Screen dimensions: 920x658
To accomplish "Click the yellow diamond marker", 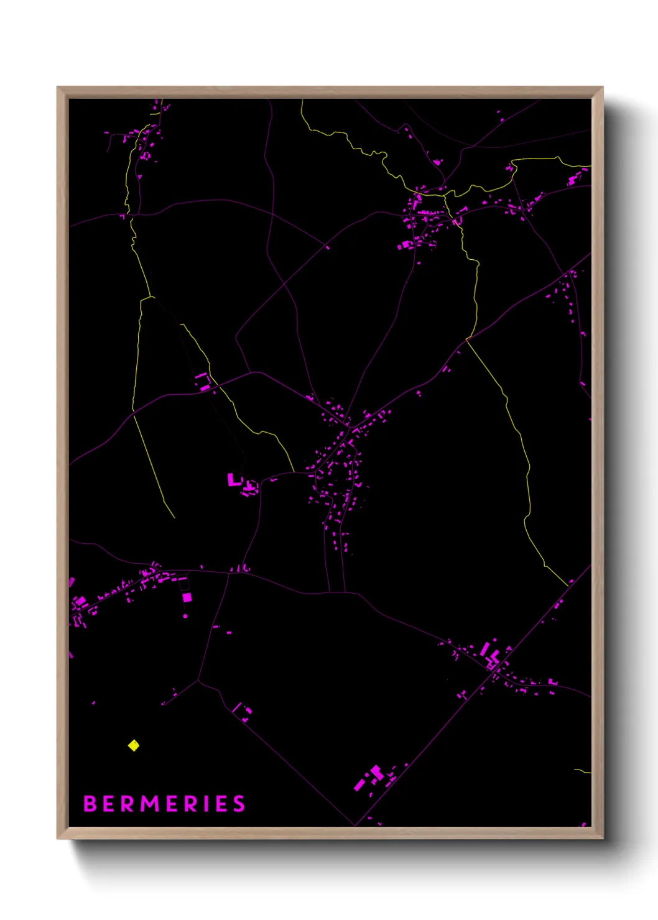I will pos(134,745).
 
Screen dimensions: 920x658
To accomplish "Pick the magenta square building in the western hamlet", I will pos(187,597).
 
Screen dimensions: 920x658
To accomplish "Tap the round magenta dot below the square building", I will pos(185,616).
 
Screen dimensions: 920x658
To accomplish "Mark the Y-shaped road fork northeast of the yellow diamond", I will pos(198,681).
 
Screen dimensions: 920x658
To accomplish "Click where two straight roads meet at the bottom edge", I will pos(355,826).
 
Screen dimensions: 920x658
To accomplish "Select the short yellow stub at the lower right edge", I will pos(583,771).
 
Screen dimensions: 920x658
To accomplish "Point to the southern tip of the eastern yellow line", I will pos(568,586).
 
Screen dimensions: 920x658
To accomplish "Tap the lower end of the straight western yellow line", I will pos(174,517).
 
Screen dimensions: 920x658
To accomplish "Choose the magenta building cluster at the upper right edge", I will pos(573,180).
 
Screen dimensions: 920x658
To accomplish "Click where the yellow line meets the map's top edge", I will pos(302,100).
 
